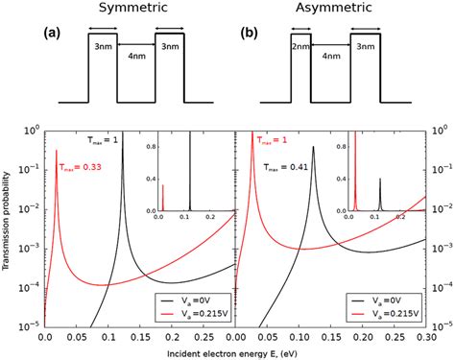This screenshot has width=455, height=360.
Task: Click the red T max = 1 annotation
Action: click(271, 139)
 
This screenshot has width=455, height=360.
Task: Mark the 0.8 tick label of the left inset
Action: click(152, 146)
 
